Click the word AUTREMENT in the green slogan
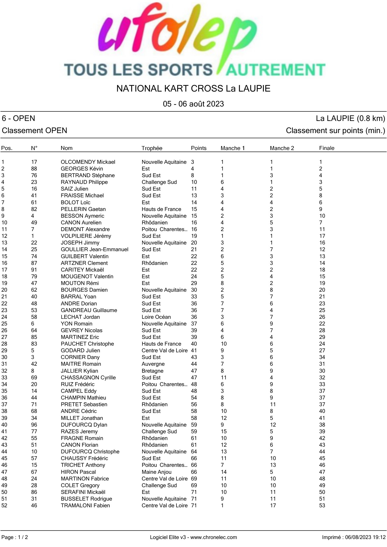pyautogui.click(x=275, y=70)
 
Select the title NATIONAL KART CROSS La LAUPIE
pyautogui.click(x=193, y=88)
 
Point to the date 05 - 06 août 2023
pyautogui.click(x=193, y=104)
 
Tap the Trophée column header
pyautogui.click(x=152, y=148)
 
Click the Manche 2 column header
pyautogui.click(x=282, y=148)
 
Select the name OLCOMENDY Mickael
pyautogui.click(x=88, y=162)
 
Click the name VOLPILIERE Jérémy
pyautogui.click(x=86, y=236)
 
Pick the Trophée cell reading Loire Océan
pyautogui.click(x=156, y=317)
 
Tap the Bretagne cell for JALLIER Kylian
pyautogui.click(x=152, y=371)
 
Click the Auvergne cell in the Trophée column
pyautogui.click(x=153, y=364)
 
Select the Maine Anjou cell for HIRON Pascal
pyautogui.click(x=156, y=472)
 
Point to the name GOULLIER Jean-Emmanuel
pyautogui.click(x=94, y=249)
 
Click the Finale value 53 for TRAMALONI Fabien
pyautogui.click(x=322, y=505)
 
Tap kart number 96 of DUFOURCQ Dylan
pyautogui.click(x=34, y=425)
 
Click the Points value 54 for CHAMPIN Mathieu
pyautogui.click(x=194, y=398)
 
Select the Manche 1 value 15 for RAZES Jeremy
pyautogui.click(x=223, y=431)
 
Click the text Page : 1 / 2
pyautogui.click(x=15, y=537)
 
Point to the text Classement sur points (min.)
pyautogui.click(x=335, y=130)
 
